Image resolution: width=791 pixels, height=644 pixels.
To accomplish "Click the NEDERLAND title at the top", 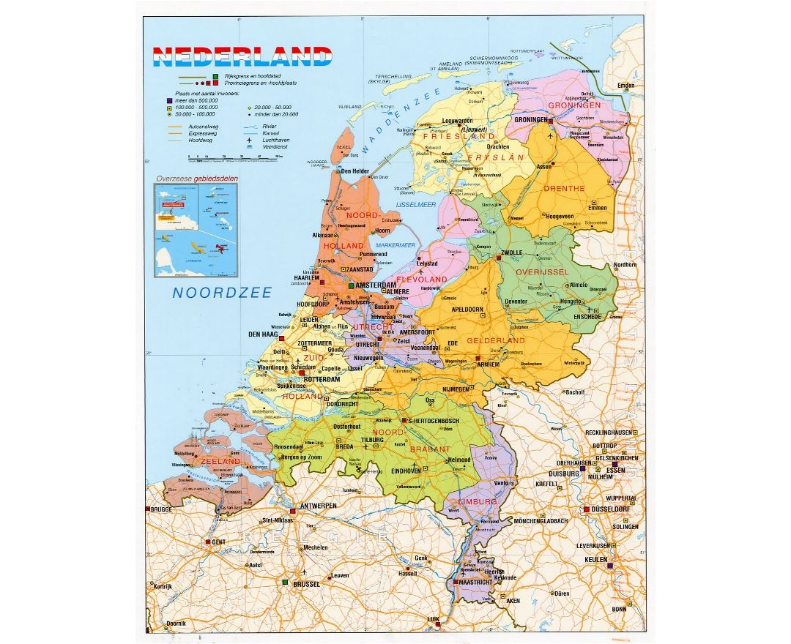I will pyautogui.click(x=241, y=56).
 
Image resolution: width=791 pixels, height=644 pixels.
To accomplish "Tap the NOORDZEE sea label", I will pyautogui.click(x=222, y=293).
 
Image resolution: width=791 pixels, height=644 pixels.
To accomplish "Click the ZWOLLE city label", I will pyautogui.click(x=511, y=253).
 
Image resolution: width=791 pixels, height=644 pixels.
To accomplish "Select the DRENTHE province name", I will pyautogui.click(x=564, y=188).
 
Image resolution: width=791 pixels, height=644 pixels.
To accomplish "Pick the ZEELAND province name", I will pyautogui.click(x=220, y=462).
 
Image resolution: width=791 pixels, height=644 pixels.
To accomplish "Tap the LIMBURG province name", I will pyautogui.click(x=477, y=502).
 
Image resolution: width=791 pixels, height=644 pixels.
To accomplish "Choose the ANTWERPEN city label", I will pyautogui.click(x=316, y=506).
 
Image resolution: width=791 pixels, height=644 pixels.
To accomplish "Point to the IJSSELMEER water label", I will pyautogui.click(x=416, y=204).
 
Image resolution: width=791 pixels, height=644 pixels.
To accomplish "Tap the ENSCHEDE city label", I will pyautogui.click(x=587, y=316).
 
